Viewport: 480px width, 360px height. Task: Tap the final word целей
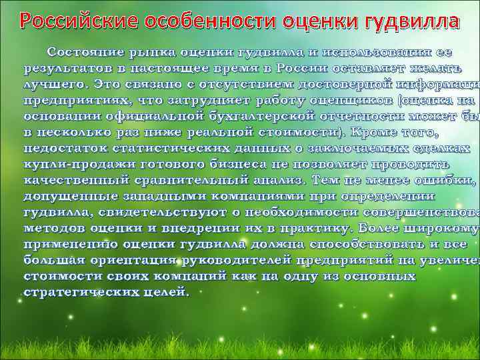click(x=168, y=293)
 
